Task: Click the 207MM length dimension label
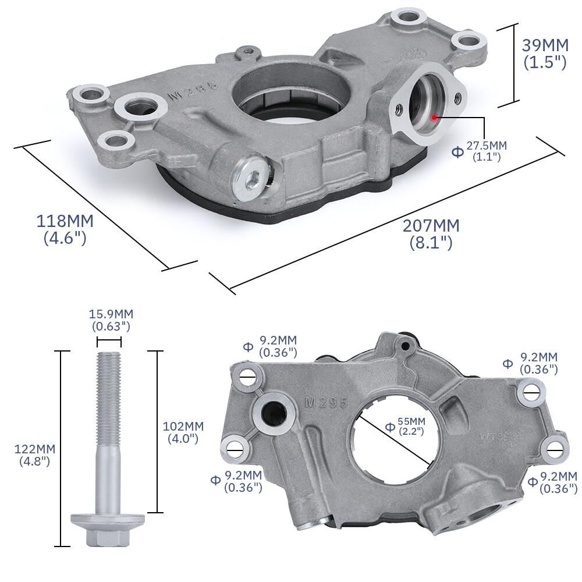pos(431,233)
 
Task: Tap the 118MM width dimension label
pos(65,229)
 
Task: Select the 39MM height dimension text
pos(544,53)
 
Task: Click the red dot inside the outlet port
pos(434,116)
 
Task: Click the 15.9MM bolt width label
pos(111,320)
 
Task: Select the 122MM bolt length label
pos(35,455)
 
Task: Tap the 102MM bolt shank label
pos(183,432)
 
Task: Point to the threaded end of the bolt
pos(109,372)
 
